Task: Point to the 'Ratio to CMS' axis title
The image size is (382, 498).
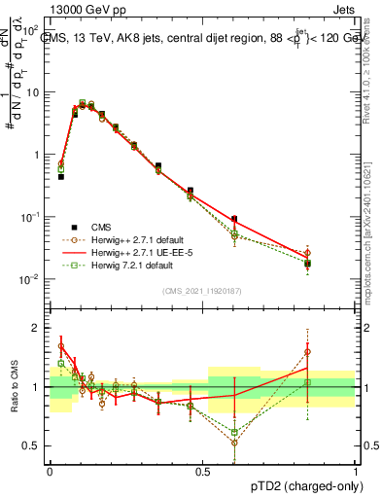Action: tap(13, 387)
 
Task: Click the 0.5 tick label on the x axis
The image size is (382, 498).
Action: tap(202, 471)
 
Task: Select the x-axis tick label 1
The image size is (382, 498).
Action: tap(356, 471)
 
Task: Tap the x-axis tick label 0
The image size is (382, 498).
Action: tap(50, 471)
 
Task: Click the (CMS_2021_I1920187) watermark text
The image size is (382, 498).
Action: tap(201, 291)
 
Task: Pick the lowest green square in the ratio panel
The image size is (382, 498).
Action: tap(233, 432)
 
